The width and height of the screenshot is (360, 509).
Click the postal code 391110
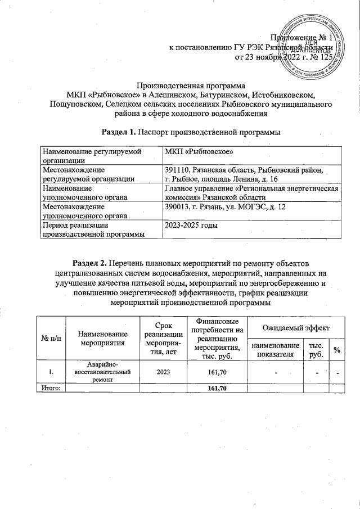[x=178, y=169]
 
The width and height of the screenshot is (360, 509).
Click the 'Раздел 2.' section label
[x=91, y=262]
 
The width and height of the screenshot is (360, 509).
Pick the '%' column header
[x=336, y=350]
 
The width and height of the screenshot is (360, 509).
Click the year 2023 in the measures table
[x=158, y=372]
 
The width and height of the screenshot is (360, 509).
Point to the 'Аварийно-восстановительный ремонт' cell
[x=102, y=372]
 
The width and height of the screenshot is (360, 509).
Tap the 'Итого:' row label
[x=51, y=388]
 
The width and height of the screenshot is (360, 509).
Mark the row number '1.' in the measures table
[x=51, y=372]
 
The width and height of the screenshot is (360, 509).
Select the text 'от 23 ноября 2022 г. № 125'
[x=284, y=57]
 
